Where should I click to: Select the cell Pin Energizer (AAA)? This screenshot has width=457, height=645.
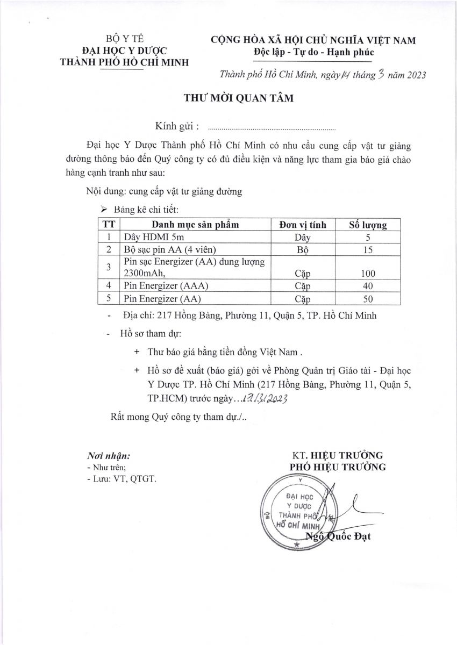[x=166, y=286]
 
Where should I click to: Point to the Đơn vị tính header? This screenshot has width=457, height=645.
[x=302, y=225]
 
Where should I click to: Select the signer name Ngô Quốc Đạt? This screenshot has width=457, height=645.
[x=338, y=536]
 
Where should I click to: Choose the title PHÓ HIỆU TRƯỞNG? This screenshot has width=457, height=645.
[x=338, y=467]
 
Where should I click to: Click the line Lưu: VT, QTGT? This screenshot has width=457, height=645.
[x=122, y=478]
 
